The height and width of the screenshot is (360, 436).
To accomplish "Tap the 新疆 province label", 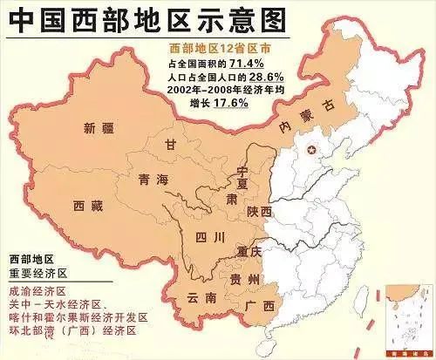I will pos(99,129).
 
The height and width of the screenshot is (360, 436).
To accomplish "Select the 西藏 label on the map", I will pos(89,206).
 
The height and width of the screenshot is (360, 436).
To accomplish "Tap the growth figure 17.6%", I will pos(229,102).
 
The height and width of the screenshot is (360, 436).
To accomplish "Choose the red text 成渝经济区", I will pos(37,291).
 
